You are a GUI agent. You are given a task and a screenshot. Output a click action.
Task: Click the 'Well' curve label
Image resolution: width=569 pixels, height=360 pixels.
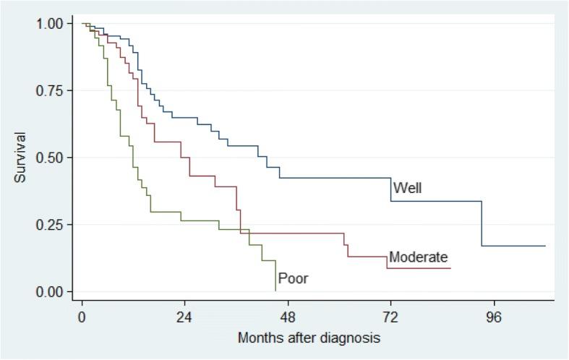pyautogui.click(x=407, y=189)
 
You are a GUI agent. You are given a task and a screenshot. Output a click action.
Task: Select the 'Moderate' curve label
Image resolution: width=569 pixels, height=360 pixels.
pyautogui.click(x=419, y=257)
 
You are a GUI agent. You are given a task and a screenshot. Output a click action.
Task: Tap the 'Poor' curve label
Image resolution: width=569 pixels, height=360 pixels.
pyautogui.click(x=294, y=278)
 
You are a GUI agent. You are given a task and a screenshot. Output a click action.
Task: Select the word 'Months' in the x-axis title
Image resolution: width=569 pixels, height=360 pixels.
pyautogui.click(x=258, y=338)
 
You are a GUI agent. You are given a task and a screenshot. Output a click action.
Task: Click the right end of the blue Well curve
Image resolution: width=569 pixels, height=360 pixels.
pyautogui.click(x=545, y=246)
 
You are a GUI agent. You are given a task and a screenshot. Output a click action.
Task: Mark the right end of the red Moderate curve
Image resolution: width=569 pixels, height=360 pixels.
pyautogui.click(x=450, y=268)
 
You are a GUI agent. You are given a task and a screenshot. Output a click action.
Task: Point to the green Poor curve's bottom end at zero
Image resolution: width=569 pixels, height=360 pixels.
pyautogui.click(x=275, y=291)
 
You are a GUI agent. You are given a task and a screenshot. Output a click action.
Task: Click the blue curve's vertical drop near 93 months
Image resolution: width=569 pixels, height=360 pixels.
pyautogui.click(x=482, y=224)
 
